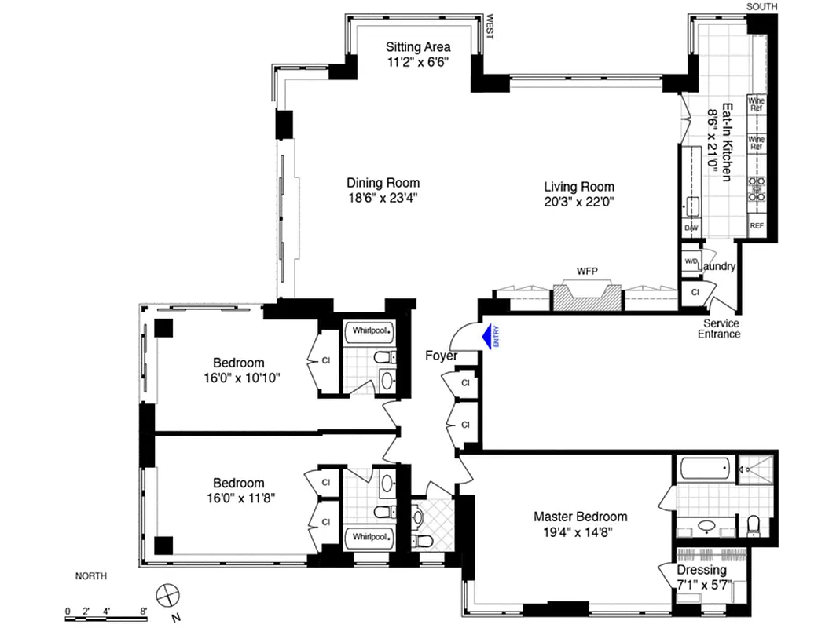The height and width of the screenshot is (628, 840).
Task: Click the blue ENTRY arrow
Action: [x=490, y=336]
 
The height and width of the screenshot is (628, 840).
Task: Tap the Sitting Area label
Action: [x=418, y=46]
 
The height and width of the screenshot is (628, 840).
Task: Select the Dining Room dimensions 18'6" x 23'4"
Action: [x=383, y=198]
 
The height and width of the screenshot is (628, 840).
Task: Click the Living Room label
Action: [x=579, y=187]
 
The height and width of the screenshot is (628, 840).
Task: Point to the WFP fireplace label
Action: [x=587, y=272]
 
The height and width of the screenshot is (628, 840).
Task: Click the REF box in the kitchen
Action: [x=757, y=226]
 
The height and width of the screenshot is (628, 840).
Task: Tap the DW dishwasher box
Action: [x=691, y=228]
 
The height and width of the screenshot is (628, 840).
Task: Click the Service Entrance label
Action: [x=721, y=328]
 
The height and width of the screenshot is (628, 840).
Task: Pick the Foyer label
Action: [x=441, y=356]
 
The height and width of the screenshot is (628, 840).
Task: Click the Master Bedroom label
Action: [x=580, y=517]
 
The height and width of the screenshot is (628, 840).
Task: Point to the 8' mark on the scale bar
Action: [x=144, y=610]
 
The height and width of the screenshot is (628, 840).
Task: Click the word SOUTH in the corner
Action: [x=761, y=7]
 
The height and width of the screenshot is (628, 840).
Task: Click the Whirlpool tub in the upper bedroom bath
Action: [x=369, y=332]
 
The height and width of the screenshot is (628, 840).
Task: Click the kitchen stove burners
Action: [x=757, y=189]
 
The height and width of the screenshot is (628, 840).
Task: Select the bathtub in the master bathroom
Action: [x=706, y=469]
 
